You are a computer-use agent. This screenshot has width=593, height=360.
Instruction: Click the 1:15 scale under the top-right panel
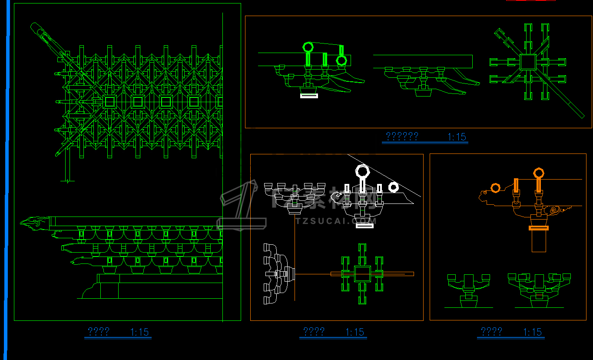(x=457, y=137)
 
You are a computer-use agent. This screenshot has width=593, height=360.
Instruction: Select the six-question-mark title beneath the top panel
(x=402, y=137)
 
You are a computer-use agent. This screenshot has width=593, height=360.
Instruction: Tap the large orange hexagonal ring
(x=539, y=173)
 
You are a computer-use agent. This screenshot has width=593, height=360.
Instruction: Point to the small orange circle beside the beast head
(x=495, y=188)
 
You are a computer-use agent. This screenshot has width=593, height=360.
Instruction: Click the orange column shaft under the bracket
(x=539, y=241)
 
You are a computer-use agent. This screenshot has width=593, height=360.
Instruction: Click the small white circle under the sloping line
(x=393, y=187)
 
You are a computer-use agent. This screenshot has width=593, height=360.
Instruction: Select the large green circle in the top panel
(x=308, y=47)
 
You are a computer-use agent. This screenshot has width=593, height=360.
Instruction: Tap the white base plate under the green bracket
(x=309, y=96)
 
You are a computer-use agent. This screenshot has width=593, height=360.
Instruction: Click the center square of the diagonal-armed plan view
(x=528, y=62)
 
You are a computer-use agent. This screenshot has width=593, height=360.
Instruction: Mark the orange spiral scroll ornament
(x=556, y=210)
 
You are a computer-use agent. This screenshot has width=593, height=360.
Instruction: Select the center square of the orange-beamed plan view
(x=362, y=274)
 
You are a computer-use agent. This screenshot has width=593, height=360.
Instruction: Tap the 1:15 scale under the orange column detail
(x=533, y=332)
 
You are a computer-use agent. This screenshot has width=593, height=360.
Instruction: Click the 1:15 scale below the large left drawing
(x=139, y=332)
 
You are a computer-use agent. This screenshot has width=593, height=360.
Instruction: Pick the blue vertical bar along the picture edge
(x=7, y=174)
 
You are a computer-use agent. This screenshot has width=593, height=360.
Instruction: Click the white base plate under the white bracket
(x=364, y=225)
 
